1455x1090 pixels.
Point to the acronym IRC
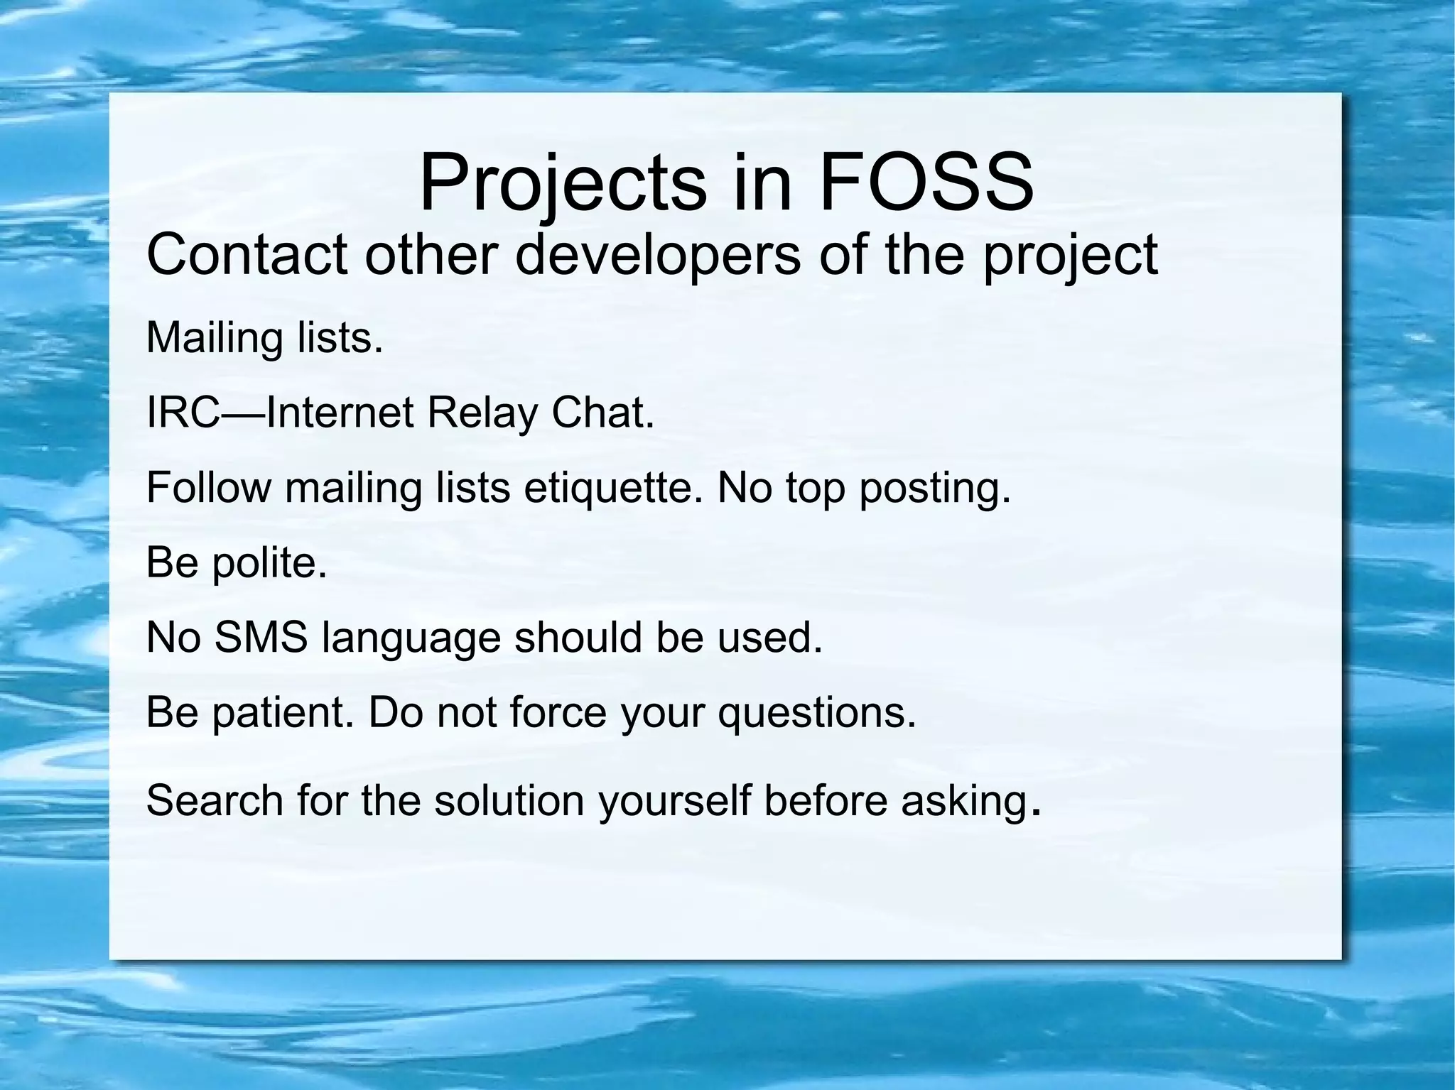point(183,413)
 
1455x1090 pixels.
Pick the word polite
point(269,563)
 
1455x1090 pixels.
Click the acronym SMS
point(261,637)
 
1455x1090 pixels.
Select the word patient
point(283,712)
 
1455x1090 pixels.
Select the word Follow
point(209,488)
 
